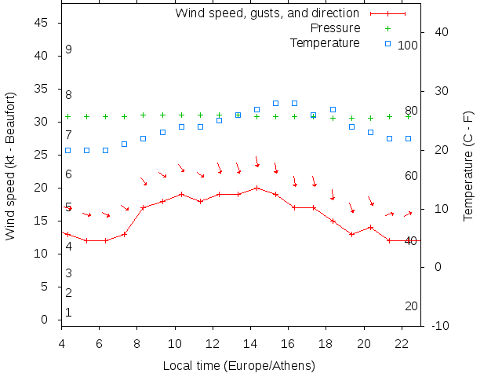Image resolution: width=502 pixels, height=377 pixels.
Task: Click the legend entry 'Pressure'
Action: click(336, 28)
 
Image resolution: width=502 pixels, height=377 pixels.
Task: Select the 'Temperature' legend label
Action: click(325, 42)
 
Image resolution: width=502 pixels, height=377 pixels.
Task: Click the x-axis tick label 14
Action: click(250, 342)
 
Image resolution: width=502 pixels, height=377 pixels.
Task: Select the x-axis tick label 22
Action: click(402, 342)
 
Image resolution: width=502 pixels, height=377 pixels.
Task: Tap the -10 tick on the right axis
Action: click(440, 325)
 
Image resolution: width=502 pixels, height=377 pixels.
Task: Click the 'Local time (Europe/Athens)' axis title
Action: click(238, 366)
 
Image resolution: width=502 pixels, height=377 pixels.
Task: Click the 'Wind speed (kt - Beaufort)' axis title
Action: click(11, 166)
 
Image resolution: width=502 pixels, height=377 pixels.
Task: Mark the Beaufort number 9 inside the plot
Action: click(69, 49)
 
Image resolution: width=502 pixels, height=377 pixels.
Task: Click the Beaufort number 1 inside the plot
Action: click(69, 313)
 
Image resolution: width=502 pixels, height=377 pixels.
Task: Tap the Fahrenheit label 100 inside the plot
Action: click(408, 46)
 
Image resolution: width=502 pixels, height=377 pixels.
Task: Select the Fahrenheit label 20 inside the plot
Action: click(411, 306)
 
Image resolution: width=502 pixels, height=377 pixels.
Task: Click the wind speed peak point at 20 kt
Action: click(256, 188)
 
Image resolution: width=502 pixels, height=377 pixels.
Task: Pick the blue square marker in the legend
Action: click(387, 42)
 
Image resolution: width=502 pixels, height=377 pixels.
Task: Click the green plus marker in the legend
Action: click(387, 28)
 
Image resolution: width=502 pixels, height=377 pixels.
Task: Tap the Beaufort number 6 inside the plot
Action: click(69, 174)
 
